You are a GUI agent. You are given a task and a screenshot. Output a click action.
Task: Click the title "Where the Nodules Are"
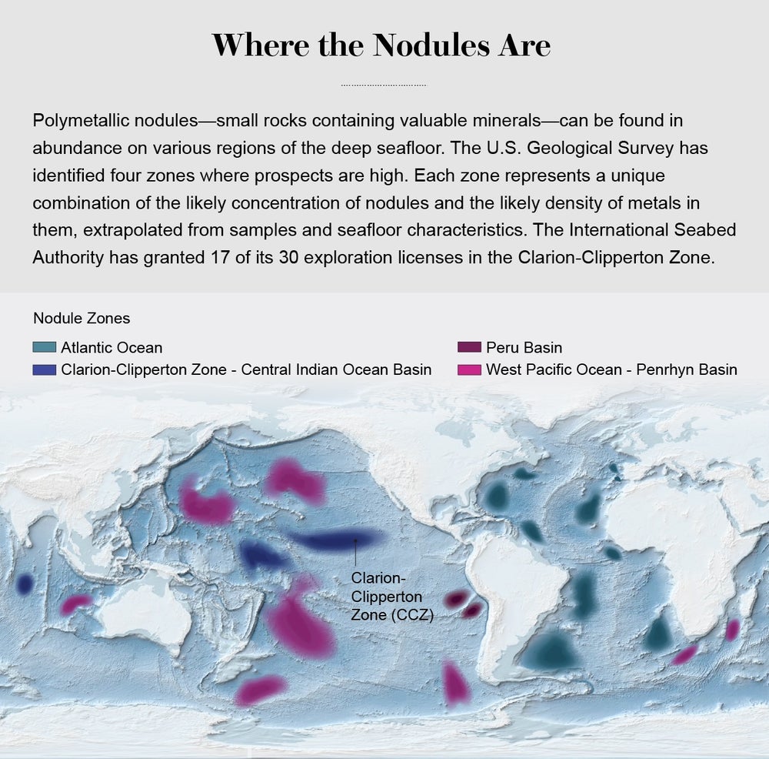click(381, 45)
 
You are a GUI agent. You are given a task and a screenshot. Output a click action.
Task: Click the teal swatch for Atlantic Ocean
click(45, 347)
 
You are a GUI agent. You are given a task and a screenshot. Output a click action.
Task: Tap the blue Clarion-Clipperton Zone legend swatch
click(45, 369)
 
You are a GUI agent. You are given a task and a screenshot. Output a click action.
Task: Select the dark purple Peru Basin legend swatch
click(468, 347)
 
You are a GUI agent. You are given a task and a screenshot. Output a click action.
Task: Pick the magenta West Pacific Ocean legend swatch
click(468, 369)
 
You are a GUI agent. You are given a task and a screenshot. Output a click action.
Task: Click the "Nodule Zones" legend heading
click(82, 318)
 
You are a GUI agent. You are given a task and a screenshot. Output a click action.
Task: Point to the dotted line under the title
click(383, 85)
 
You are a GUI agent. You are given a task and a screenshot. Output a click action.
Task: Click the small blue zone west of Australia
click(24, 585)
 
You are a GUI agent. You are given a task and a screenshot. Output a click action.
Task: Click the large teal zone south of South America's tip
click(548, 651)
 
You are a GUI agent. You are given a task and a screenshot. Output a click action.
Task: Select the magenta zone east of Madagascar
click(732, 629)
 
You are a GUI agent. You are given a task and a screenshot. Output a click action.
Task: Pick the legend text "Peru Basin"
click(524, 347)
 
